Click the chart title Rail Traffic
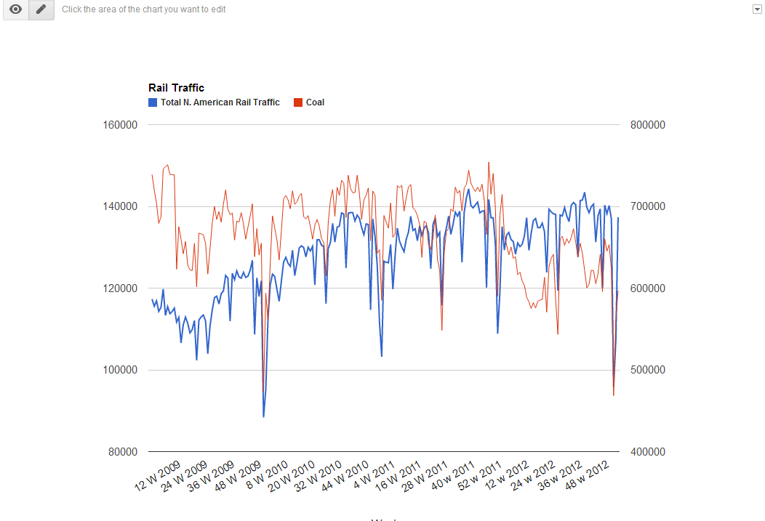point(176,88)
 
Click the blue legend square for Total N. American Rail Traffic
point(153,102)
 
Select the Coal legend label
point(315,102)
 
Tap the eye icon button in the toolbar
point(15,9)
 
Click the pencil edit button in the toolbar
point(41,9)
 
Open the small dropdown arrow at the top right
point(757,8)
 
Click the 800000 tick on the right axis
point(647,125)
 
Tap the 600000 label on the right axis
point(647,288)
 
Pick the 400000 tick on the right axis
point(647,452)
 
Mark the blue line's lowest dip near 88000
point(263,416)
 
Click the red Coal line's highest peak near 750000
point(489,163)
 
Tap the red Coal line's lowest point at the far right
point(614,395)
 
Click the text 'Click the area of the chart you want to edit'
point(143,9)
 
